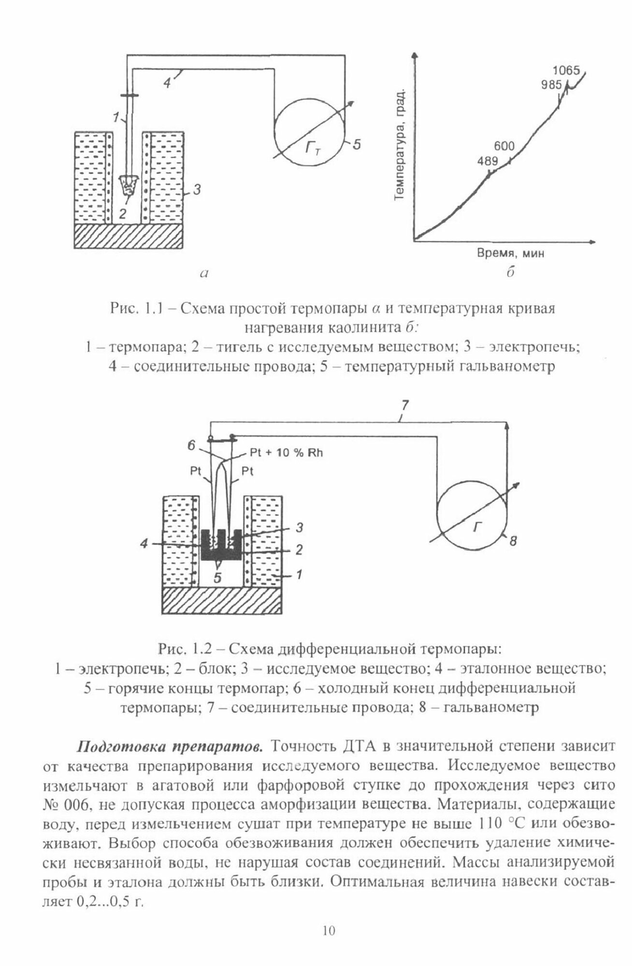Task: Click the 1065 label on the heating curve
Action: [566, 71]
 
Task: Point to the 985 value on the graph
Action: [552, 85]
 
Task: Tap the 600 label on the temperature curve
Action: [504, 146]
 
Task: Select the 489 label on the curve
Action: [487, 161]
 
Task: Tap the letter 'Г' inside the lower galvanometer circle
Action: [477, 527]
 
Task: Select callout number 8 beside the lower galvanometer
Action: [513, 542]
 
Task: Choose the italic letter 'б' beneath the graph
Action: [510, 273]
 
